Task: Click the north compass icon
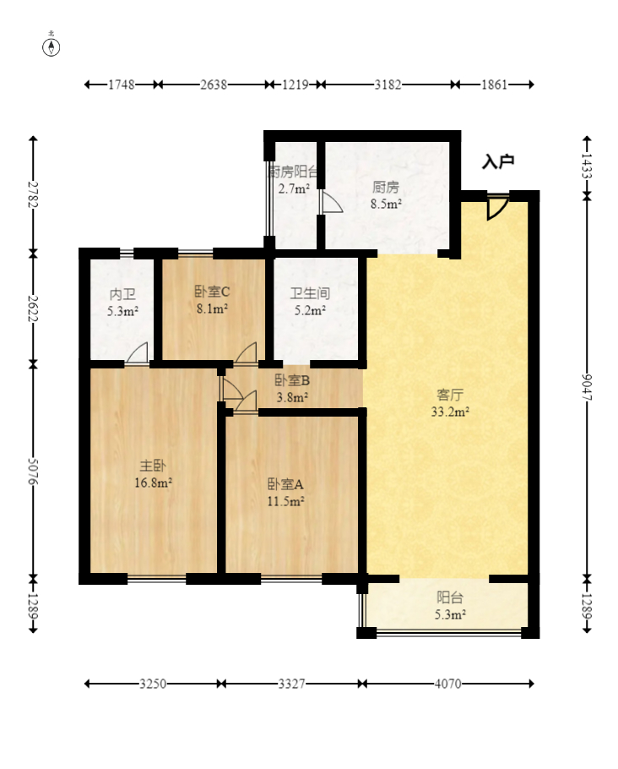[51, 45]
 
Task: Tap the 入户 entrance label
[498, 161]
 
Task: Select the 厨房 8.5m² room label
[386, 195]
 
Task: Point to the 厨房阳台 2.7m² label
[293, 180]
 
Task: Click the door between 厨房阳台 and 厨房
[331, 202]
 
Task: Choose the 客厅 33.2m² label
[450, 403]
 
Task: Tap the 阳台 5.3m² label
[450, 606]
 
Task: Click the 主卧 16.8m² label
[153, 474]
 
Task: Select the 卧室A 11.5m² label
[285, 493]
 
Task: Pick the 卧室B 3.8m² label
[292, 389]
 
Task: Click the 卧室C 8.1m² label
[212, 300]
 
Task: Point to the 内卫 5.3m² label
[122, 303]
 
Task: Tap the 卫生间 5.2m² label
[310, 301]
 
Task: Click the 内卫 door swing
[138, 353]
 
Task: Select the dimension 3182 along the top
[388, 85]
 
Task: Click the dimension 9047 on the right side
[587, 387]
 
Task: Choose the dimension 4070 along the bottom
[447, 684]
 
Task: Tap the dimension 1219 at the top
[295, 85]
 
